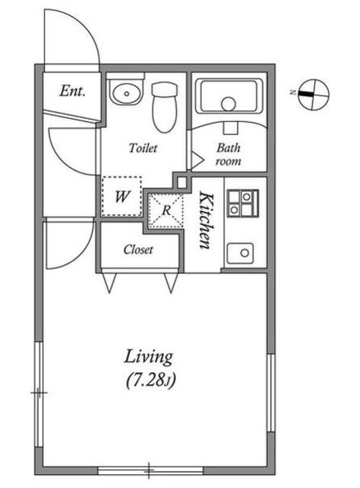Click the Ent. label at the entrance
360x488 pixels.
[x=72, y=91]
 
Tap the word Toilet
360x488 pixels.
[x=143, y=148]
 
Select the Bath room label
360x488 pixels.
[x=228, y=154]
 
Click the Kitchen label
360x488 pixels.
[x=206, y=220]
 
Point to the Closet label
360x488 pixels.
[x=138, y=249]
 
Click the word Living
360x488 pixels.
[x=149, y=358]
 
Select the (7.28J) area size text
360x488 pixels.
[x=151, y=380]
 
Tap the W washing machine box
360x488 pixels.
[x=121, y=197]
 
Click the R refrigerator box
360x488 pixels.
[x=166, y=210]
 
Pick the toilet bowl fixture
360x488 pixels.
[x=165, y=107]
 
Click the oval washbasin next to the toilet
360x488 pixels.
[x=127, y=93]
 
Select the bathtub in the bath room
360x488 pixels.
[x=229, y=96]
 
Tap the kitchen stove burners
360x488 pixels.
[x=243, y=203]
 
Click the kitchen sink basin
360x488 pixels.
[x=240, y=253]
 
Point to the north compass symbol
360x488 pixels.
[x=313, y=95]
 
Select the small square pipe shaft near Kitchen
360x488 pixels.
[x=182, y=182]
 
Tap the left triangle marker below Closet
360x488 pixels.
[x=109, y=283]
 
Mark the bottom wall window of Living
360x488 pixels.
[x=151, y=470]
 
